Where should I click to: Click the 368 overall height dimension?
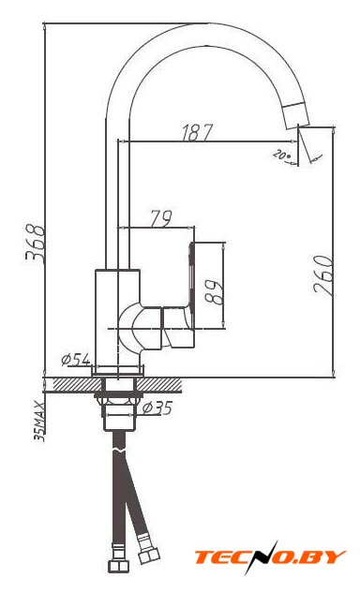(36, 245)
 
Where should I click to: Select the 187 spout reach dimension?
(197, 133)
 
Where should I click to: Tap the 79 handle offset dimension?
(161, 218)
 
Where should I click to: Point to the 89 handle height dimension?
(213, 292)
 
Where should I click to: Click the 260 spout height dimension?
(324, 274)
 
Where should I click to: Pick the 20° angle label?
(282, 155)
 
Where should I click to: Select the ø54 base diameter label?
(76, 359)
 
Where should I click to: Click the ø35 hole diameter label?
(157, 408)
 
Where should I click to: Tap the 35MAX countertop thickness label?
(39, 422)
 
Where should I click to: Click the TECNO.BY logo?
(270, 557)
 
